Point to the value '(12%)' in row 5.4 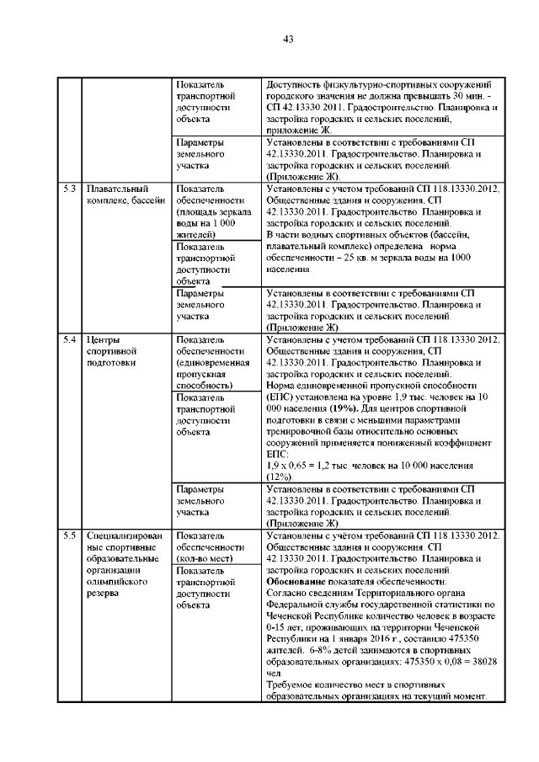tap(279, 477)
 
